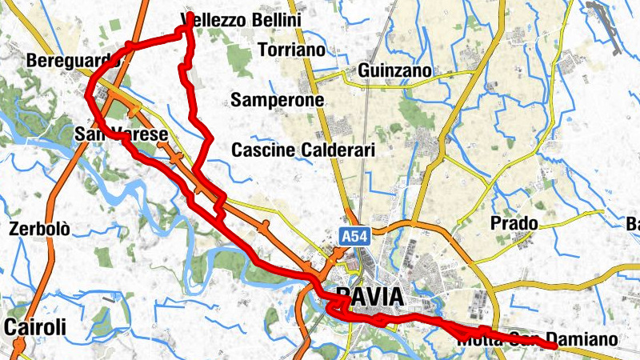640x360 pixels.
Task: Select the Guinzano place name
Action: tap(395, 71)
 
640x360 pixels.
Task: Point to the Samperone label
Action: tap(277, 100)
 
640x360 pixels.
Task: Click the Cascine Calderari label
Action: tap(303, 150)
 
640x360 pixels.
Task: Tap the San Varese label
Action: tap(121, 134)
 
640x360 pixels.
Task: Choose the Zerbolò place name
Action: tap(40, 229)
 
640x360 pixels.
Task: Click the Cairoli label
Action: tap(34, 326)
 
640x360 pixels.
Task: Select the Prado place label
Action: tap(514, 222)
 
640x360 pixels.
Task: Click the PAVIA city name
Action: tap(370, 297)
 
